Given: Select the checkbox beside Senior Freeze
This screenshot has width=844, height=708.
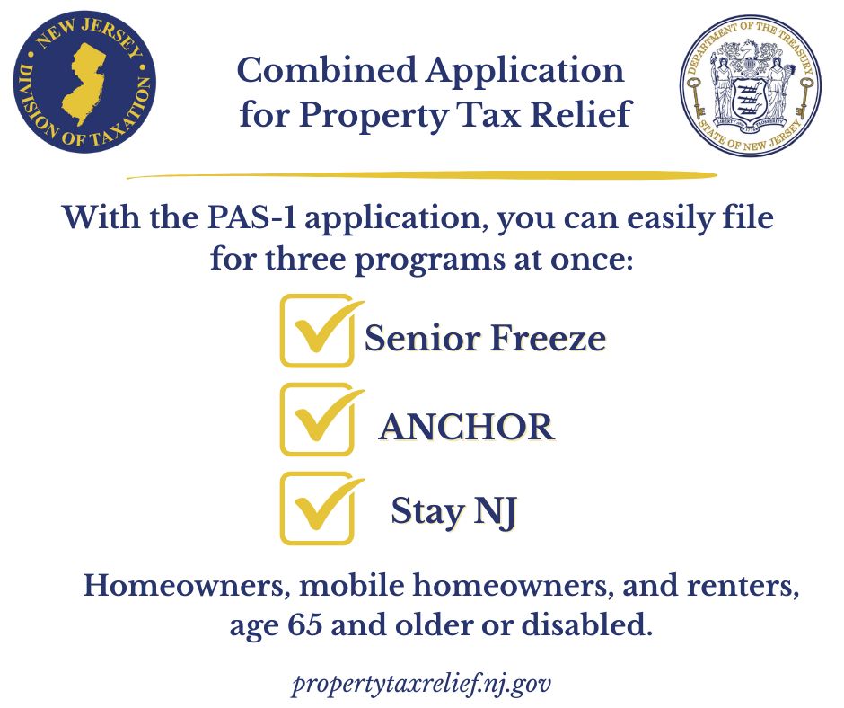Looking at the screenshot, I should tap(316, 331).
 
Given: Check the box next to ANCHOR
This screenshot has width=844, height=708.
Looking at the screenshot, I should tap(316, 420).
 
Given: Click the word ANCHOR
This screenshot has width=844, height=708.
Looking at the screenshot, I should tap(466, 428).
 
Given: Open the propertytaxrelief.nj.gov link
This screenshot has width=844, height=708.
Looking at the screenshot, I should tap(421, 684).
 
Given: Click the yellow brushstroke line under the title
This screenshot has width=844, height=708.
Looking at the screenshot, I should tap(422, 174).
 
